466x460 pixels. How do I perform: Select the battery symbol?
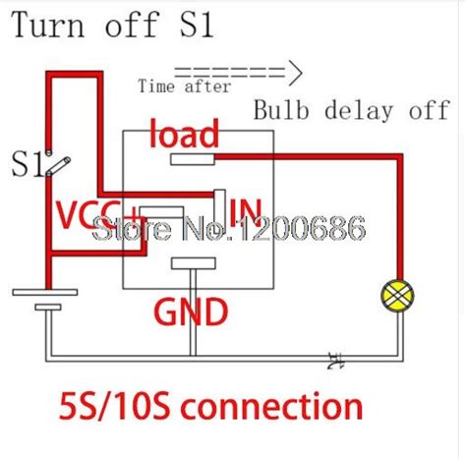45,300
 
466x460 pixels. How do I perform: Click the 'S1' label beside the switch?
27,164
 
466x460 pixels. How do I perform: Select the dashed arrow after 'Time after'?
240,71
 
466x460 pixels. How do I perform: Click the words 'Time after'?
185,86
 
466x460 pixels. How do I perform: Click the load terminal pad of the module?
193,156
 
